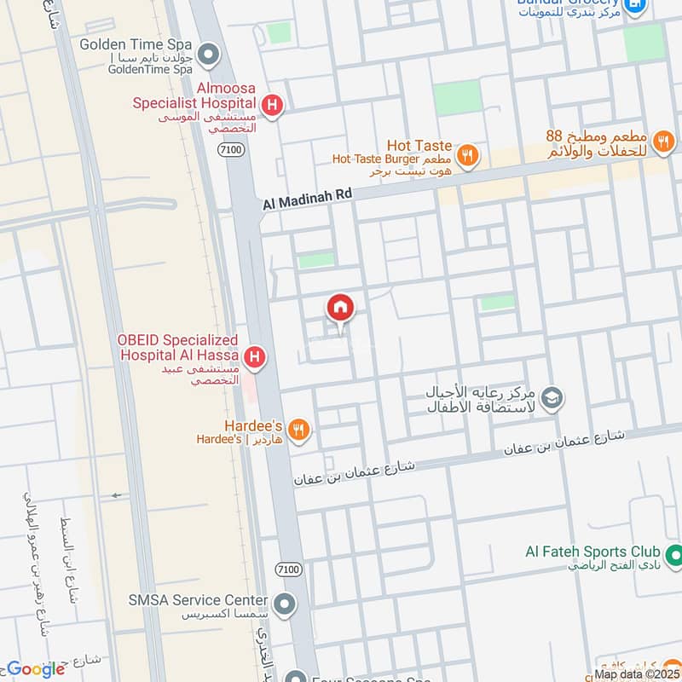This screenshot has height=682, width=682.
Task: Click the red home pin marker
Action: (340, 308)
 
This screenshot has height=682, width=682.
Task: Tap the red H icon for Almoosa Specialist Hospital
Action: (271, 106)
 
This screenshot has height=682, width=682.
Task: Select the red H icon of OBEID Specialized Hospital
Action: (253, 357)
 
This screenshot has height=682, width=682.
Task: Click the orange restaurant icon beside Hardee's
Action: (298, 431)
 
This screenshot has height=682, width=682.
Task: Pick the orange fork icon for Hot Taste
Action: (466, 155)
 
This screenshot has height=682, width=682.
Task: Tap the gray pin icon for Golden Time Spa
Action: (208, 56)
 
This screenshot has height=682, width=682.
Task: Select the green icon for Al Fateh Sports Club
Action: (673, 555)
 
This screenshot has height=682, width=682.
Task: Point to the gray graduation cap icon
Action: (552, 398)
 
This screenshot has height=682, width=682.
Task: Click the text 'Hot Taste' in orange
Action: (419, 146)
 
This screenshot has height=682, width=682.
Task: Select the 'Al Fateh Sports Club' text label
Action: (587, 552)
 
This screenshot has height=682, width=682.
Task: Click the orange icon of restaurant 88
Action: (662, 139)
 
